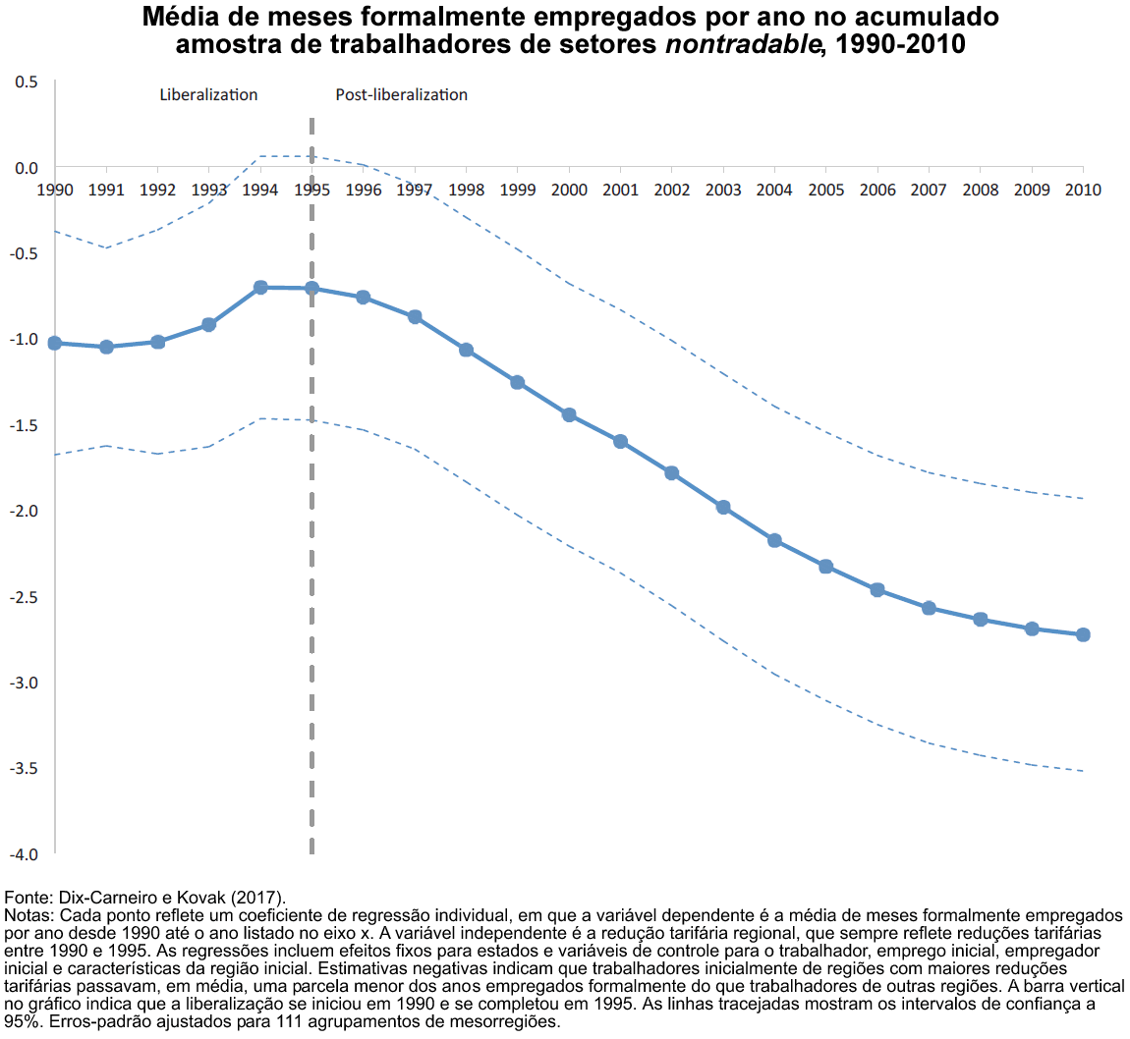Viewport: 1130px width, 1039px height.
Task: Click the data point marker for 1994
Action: tap(260, 287)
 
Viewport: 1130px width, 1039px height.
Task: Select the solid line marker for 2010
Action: tap(1083, 634)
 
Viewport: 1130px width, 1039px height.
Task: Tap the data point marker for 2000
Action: tap(569, 414)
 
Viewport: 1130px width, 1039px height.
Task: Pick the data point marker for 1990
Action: tap(55, 343)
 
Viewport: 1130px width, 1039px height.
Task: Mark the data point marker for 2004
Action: tap(774, 540)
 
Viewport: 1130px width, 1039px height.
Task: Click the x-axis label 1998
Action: tap(466, 190)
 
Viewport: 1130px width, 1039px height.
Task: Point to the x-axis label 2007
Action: tap(929, 190)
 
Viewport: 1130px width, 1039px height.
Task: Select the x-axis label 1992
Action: tap(157, 190)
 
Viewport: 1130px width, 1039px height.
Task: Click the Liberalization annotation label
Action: tap(208, 95)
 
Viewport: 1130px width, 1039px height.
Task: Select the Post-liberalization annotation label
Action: tap(401, 95)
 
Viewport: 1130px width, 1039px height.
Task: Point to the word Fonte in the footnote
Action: tap(28, 898)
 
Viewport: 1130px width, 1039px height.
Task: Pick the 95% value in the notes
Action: tap(19, 1022)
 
